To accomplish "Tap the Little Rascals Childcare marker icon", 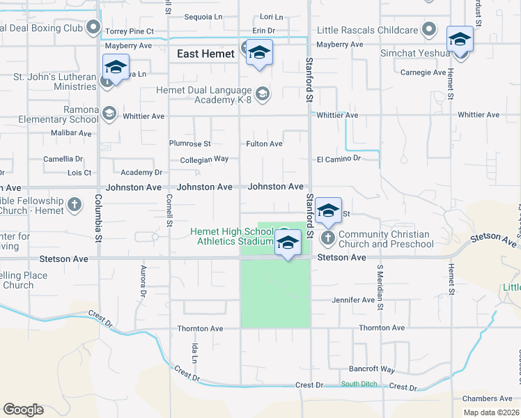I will [430, 30].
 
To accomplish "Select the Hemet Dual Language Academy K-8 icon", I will [263, 94].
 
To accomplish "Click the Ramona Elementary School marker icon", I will [109, 114].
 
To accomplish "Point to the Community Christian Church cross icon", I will [328, 239].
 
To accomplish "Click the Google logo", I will [23, 410].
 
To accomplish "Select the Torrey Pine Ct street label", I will [129, 32].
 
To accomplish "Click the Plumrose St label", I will [189, 144].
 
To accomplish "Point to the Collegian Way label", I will [199, 159].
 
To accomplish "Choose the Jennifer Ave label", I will [353, 300].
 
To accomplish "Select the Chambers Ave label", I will [487, 398].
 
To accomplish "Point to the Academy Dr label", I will [141, 172].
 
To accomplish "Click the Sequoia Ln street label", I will [203, 17].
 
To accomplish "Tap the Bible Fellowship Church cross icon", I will [75, 206].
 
